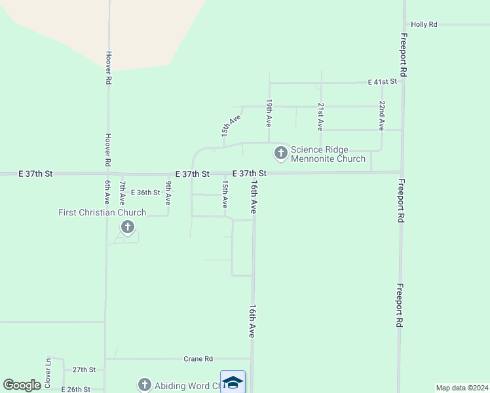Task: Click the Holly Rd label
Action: coord(424,24)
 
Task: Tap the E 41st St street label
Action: coord(383,82)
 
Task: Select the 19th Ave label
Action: coord(269,113)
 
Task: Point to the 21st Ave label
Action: coord(320,115)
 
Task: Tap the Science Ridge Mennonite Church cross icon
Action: coord(281,153)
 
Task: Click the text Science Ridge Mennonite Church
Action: coord(328,154)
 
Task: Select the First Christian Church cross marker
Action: coord(128,227)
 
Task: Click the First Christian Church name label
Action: coord(102,212)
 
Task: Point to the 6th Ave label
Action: coord(107,193)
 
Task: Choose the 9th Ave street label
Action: coord(168,193)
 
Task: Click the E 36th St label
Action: coord(145,193)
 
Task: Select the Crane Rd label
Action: coord(198,359)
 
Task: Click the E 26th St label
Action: coord(75,389)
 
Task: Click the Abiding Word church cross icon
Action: coord(144,385)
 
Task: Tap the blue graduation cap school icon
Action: coord(233,382)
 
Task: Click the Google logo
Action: coord(22,385)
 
